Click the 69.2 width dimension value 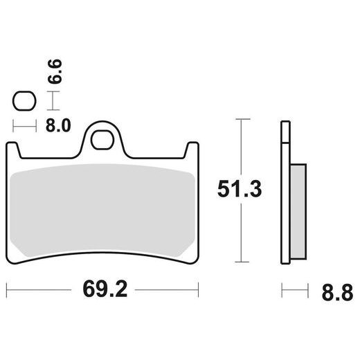(103, 287)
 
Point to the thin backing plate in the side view (283, 194)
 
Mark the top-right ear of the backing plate (193, 148)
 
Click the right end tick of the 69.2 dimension (199, 287)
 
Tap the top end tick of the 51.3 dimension (240, 120)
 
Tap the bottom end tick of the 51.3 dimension (240, 262)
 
